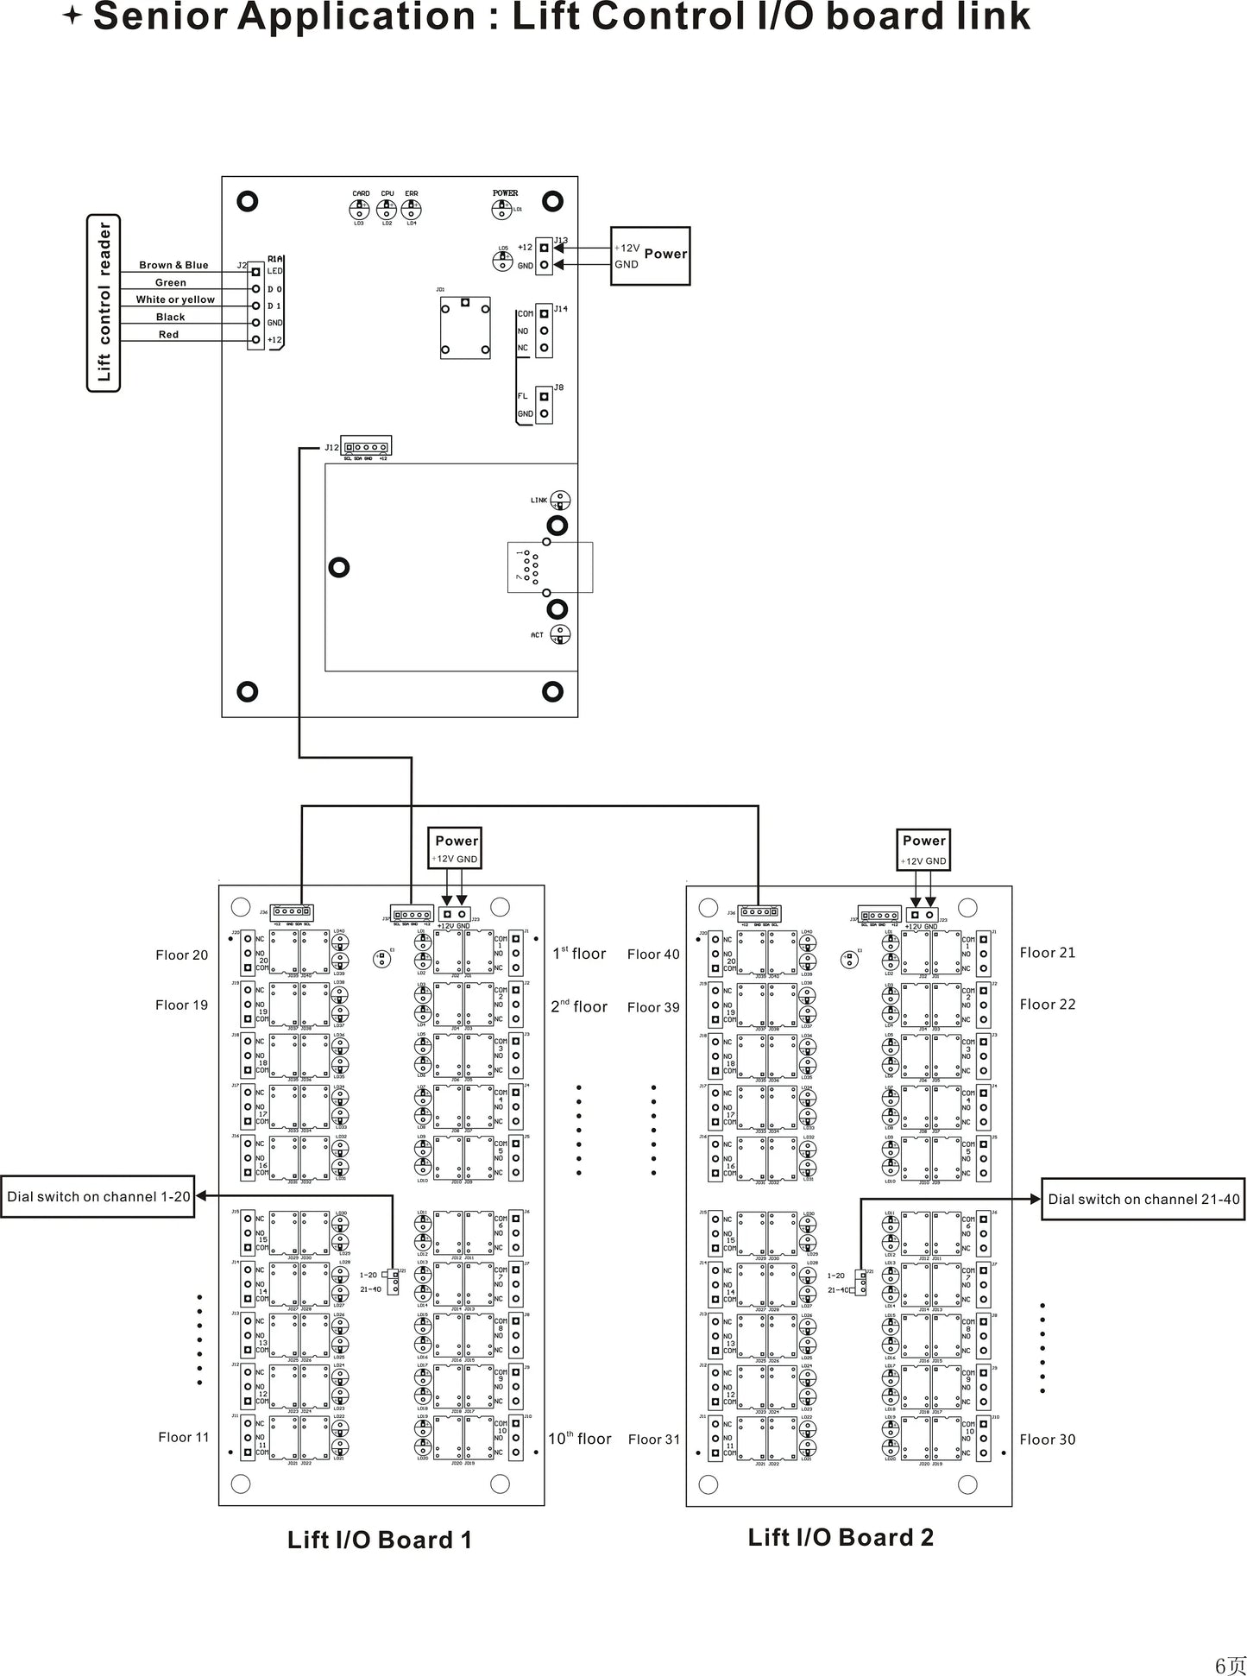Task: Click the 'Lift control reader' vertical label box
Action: [x=104, y=302]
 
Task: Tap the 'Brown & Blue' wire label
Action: [x=173, y=265]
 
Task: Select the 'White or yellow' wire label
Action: [x=175, y=299]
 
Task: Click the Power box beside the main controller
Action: [x=651, y=255]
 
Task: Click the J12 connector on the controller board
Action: [x=367, y=447]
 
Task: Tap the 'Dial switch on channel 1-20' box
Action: [x=98, y=1196]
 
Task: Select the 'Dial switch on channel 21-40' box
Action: [x=1143, y=1199]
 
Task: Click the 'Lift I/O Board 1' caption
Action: [x=380, y=1540]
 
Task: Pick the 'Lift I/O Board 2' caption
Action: [x=841, y=1537]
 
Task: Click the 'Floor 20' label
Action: [x=182, y=955]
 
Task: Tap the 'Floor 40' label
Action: [x=653, y=954]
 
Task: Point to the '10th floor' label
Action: [x=579, y=1439]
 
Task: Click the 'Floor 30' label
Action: [x=1047, y=1439]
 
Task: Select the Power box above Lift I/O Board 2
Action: [x=923, y=849]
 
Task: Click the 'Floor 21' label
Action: [x=1047, y=953]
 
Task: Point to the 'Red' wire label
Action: [x=168, y=335]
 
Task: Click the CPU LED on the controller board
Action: [x=387, y=209]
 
